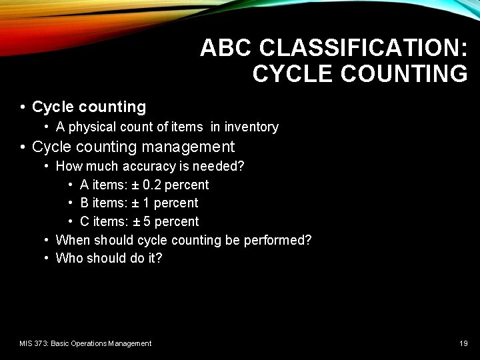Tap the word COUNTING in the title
[x=404, y=73]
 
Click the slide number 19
[x=463, y=343]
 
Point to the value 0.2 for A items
[x=152, y=185]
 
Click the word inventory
[x=251, y=127]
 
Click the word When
[x=73, y=239]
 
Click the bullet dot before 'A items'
[x=71, y=185]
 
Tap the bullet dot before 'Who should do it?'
[x=47, y=258]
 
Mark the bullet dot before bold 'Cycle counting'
[x=23, y=107]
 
